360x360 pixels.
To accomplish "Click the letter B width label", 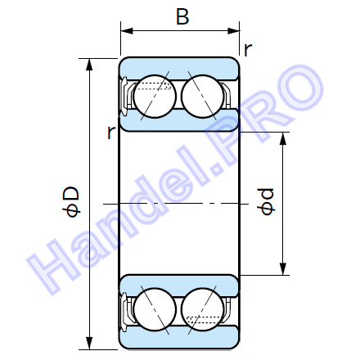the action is point(182,16).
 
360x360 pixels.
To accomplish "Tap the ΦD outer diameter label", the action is point(71,202).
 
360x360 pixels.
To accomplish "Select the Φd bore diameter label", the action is point(266,201).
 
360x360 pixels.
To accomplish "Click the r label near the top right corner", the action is point(248,50).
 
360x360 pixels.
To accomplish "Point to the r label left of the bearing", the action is point(111,133).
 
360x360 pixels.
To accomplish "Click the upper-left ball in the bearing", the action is point(155,97).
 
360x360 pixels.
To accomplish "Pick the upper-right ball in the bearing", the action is point(202,97).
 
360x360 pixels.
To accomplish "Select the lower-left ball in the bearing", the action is point(155,310).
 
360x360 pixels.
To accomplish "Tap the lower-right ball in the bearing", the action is point(202,310).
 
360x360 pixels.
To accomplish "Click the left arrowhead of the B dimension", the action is point(127,31).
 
